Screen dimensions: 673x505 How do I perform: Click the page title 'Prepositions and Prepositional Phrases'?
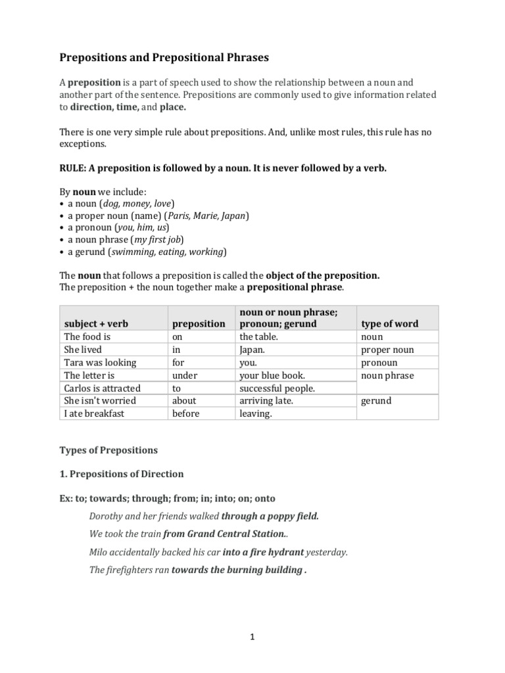pyautogui.click(x=164, y=58)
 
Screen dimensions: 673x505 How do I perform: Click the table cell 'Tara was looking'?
pyautogui.click(x=100, y=362)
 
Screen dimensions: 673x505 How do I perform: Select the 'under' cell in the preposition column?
pyautogui.click(x=186, y=375)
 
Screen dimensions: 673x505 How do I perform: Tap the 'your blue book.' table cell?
pyautogui.click(x=272, y=375)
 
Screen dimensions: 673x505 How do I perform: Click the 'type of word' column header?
pyautogui.click(x=390, y=324)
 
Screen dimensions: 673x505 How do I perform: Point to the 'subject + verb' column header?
pyautogui.click(x=95, y=324)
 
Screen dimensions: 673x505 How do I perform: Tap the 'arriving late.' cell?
pyautogui.click(x=267, y=400)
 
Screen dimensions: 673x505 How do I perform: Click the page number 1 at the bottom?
pyautogui.click(x=252, y=636)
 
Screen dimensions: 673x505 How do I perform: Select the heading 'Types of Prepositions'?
pyautogui.click(x=108, y=450)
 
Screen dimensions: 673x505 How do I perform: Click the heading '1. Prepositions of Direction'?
pyautogui.click(x=122, y=474)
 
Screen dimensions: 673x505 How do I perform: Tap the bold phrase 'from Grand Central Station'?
pyautogui.click(x=227, y=534)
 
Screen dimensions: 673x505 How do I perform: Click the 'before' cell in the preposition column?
pyautogui.click(x=185, y=413)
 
